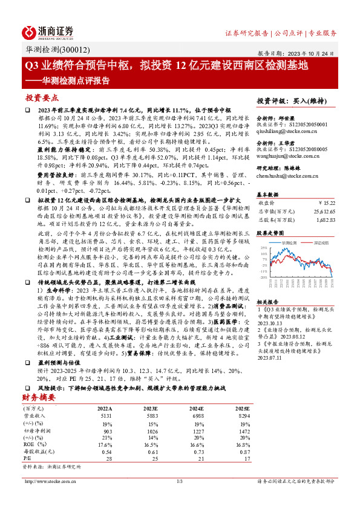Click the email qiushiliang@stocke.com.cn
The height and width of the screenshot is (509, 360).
click(x=284, y=129)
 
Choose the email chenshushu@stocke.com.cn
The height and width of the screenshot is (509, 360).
click(x=284, y=175)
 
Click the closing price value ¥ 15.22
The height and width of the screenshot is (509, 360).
click(x=326, y=203)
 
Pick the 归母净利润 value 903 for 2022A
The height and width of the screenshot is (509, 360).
click(x=106, y=431)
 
